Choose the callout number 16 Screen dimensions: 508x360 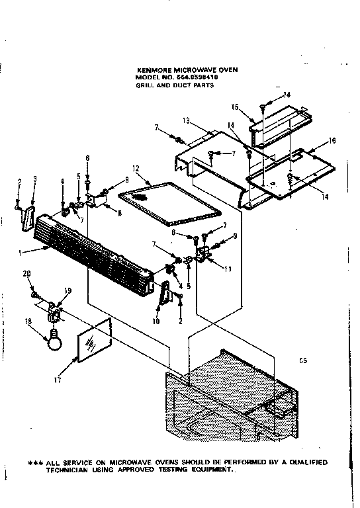click(x=333, y=140)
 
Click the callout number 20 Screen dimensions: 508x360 click(x=26, y=274)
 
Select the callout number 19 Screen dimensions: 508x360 click(x=67, y=290)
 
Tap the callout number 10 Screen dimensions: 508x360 click(x=157, y=322)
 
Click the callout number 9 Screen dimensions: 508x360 click(x=234, y=237)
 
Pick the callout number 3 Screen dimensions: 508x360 click(x=34, y=179)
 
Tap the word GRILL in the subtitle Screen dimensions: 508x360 click(x=146, y=85)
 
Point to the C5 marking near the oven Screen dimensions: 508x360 click(x=303, y=360)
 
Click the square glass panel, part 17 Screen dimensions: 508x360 click(x=93, y=341)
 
